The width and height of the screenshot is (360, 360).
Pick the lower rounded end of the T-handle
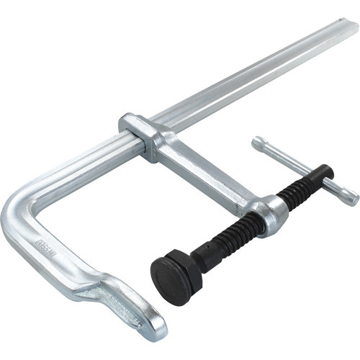click(351, 196)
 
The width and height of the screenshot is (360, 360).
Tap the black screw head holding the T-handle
click(324, 173)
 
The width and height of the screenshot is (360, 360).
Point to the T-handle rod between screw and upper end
click(288, 158)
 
